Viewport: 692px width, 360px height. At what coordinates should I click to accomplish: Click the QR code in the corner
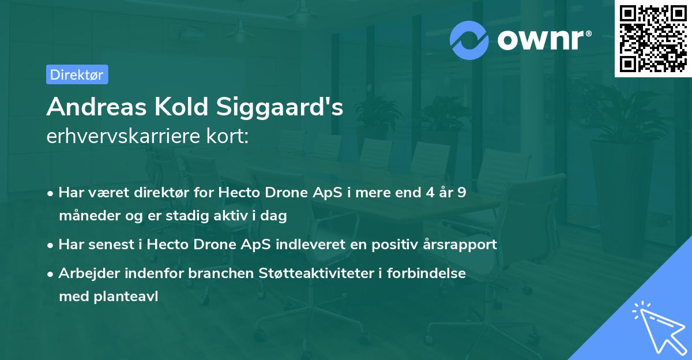coord(653,39)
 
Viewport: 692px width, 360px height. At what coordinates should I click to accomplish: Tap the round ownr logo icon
coord(469,40)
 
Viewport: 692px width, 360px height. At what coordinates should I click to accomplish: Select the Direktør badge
coord(77,74)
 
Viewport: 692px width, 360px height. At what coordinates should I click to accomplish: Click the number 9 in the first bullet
coord(461,192)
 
